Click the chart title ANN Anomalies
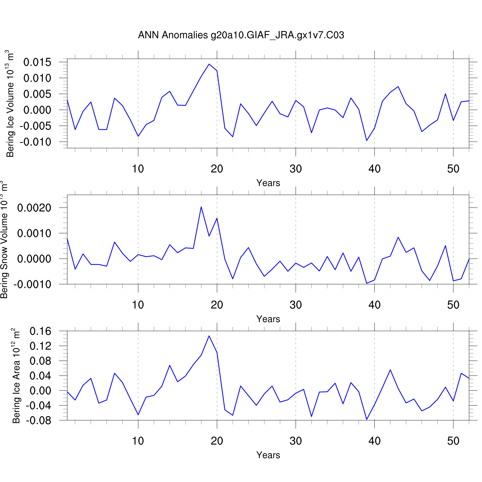[241, 35]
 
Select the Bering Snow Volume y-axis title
[4, 240]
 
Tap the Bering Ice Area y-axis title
[16, 376]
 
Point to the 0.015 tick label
[37, 62]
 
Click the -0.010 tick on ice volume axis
[36, 142]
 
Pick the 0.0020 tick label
[34, 208]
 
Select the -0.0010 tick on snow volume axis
[32, 284]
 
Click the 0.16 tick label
[40, 331]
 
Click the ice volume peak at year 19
[209, 64]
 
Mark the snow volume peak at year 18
[201, 207]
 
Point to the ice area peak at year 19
[209, 336]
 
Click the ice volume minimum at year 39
[367, 140]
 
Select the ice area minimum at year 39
[367, 419]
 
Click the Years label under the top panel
[268, 183]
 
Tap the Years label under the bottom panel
[268, 455]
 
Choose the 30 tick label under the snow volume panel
[296, 305]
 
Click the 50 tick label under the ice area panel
[453, 441]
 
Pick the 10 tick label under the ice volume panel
[138, 169]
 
